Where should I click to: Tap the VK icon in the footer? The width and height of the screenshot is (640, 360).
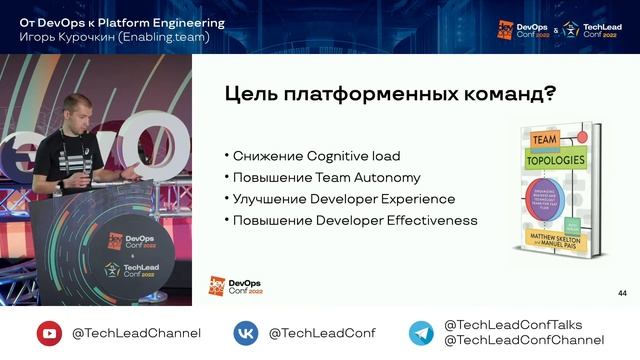tap(247, 333)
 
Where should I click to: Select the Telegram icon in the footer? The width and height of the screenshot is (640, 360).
tap(421, 333)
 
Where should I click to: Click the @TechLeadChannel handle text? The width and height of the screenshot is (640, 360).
tap(135, 333)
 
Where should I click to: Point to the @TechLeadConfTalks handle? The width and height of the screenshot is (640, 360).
tap(512, 324)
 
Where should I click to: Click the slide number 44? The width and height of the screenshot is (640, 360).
tap(622, 292)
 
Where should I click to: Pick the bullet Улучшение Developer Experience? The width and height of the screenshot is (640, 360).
tap(340, 199)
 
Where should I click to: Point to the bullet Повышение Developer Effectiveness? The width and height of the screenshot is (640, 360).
tap(351, 220)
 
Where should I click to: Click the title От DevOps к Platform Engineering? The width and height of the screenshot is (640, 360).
tap(122, 22)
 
